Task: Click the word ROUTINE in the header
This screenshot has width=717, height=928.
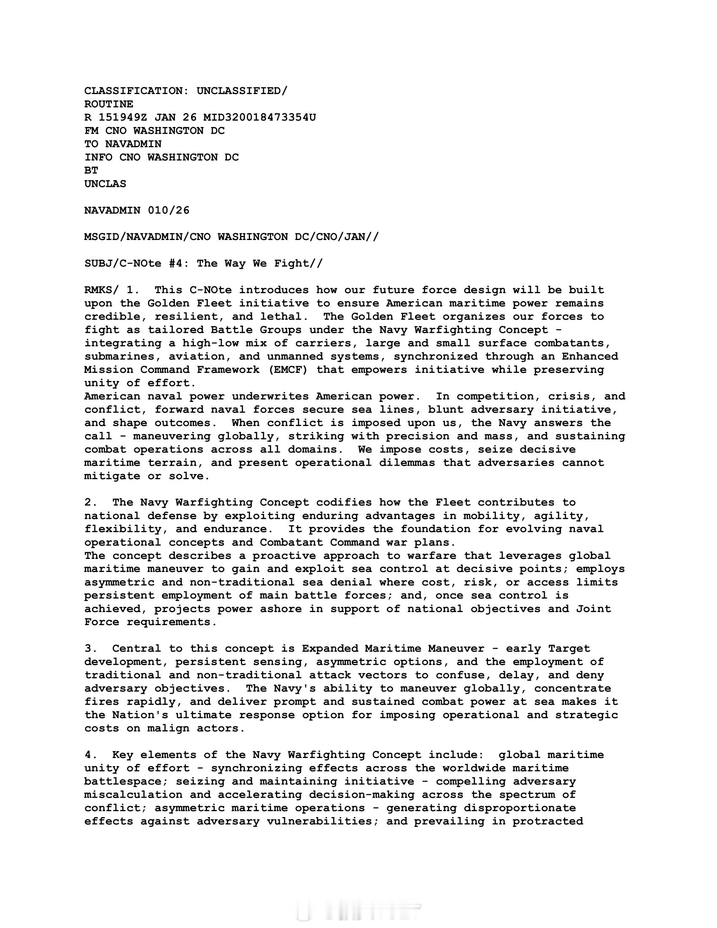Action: pyautogui.click(x=109, y=104)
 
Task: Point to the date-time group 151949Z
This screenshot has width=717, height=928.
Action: pyautogui.click(x=123, y=117)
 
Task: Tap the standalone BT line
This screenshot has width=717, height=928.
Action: pyautogui.click(x=92, y=170)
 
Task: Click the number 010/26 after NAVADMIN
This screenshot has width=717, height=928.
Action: pyautogui.click(x=169, y=210)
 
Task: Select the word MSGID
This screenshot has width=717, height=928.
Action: pyautogui.click(x=102, y=237)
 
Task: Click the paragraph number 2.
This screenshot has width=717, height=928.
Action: pyautogui.click(x=89, y=502)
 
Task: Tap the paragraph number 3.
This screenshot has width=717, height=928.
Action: pyautogui.click(x=89, y=649)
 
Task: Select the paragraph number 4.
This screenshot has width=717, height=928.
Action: pyautogui.click(x=89, y=755)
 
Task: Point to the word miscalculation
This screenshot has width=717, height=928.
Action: pyautogui.click(x=133, y=795)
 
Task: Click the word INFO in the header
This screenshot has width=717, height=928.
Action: pyautogui.click(x=98, y=157)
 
